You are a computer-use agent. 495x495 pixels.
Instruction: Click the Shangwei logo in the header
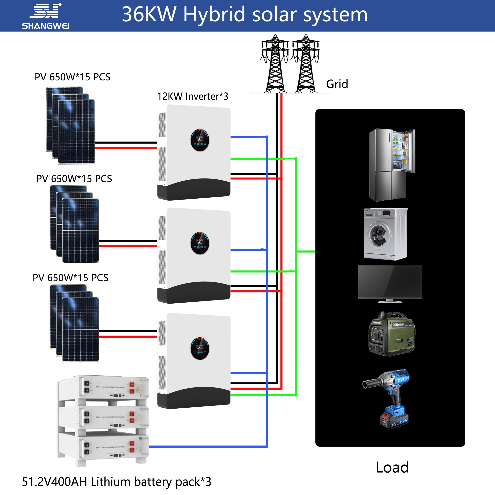(45, 16)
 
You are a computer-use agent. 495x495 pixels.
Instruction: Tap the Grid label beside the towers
(337, 84)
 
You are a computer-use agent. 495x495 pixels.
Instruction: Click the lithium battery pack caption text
(117, 482)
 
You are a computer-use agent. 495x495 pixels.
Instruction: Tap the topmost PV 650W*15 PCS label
(73, 77)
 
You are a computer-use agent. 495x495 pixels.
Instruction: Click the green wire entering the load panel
(306, 252)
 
